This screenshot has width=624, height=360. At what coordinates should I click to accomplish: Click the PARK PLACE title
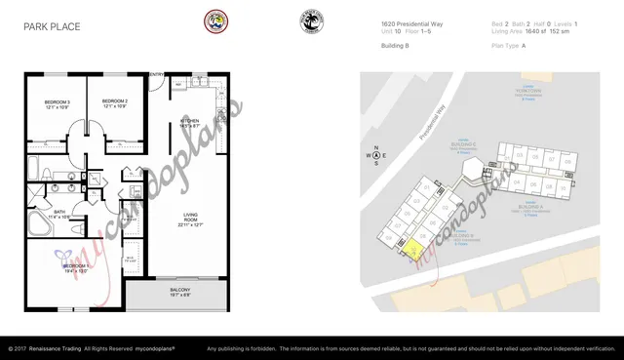pos(53,28)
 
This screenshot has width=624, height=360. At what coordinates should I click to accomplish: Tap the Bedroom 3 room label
pos(57,103)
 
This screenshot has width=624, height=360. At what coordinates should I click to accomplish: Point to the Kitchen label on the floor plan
pos(190,124)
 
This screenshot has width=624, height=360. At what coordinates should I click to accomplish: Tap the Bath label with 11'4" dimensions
pos(59,214)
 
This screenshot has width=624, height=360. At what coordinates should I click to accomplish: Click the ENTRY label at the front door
pos(156,74)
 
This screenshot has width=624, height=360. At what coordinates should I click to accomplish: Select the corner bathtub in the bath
pos(40,225)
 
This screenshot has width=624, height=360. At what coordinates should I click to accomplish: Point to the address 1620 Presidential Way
pos(414,23)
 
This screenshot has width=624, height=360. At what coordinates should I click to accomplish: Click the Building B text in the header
pos(395,45)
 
